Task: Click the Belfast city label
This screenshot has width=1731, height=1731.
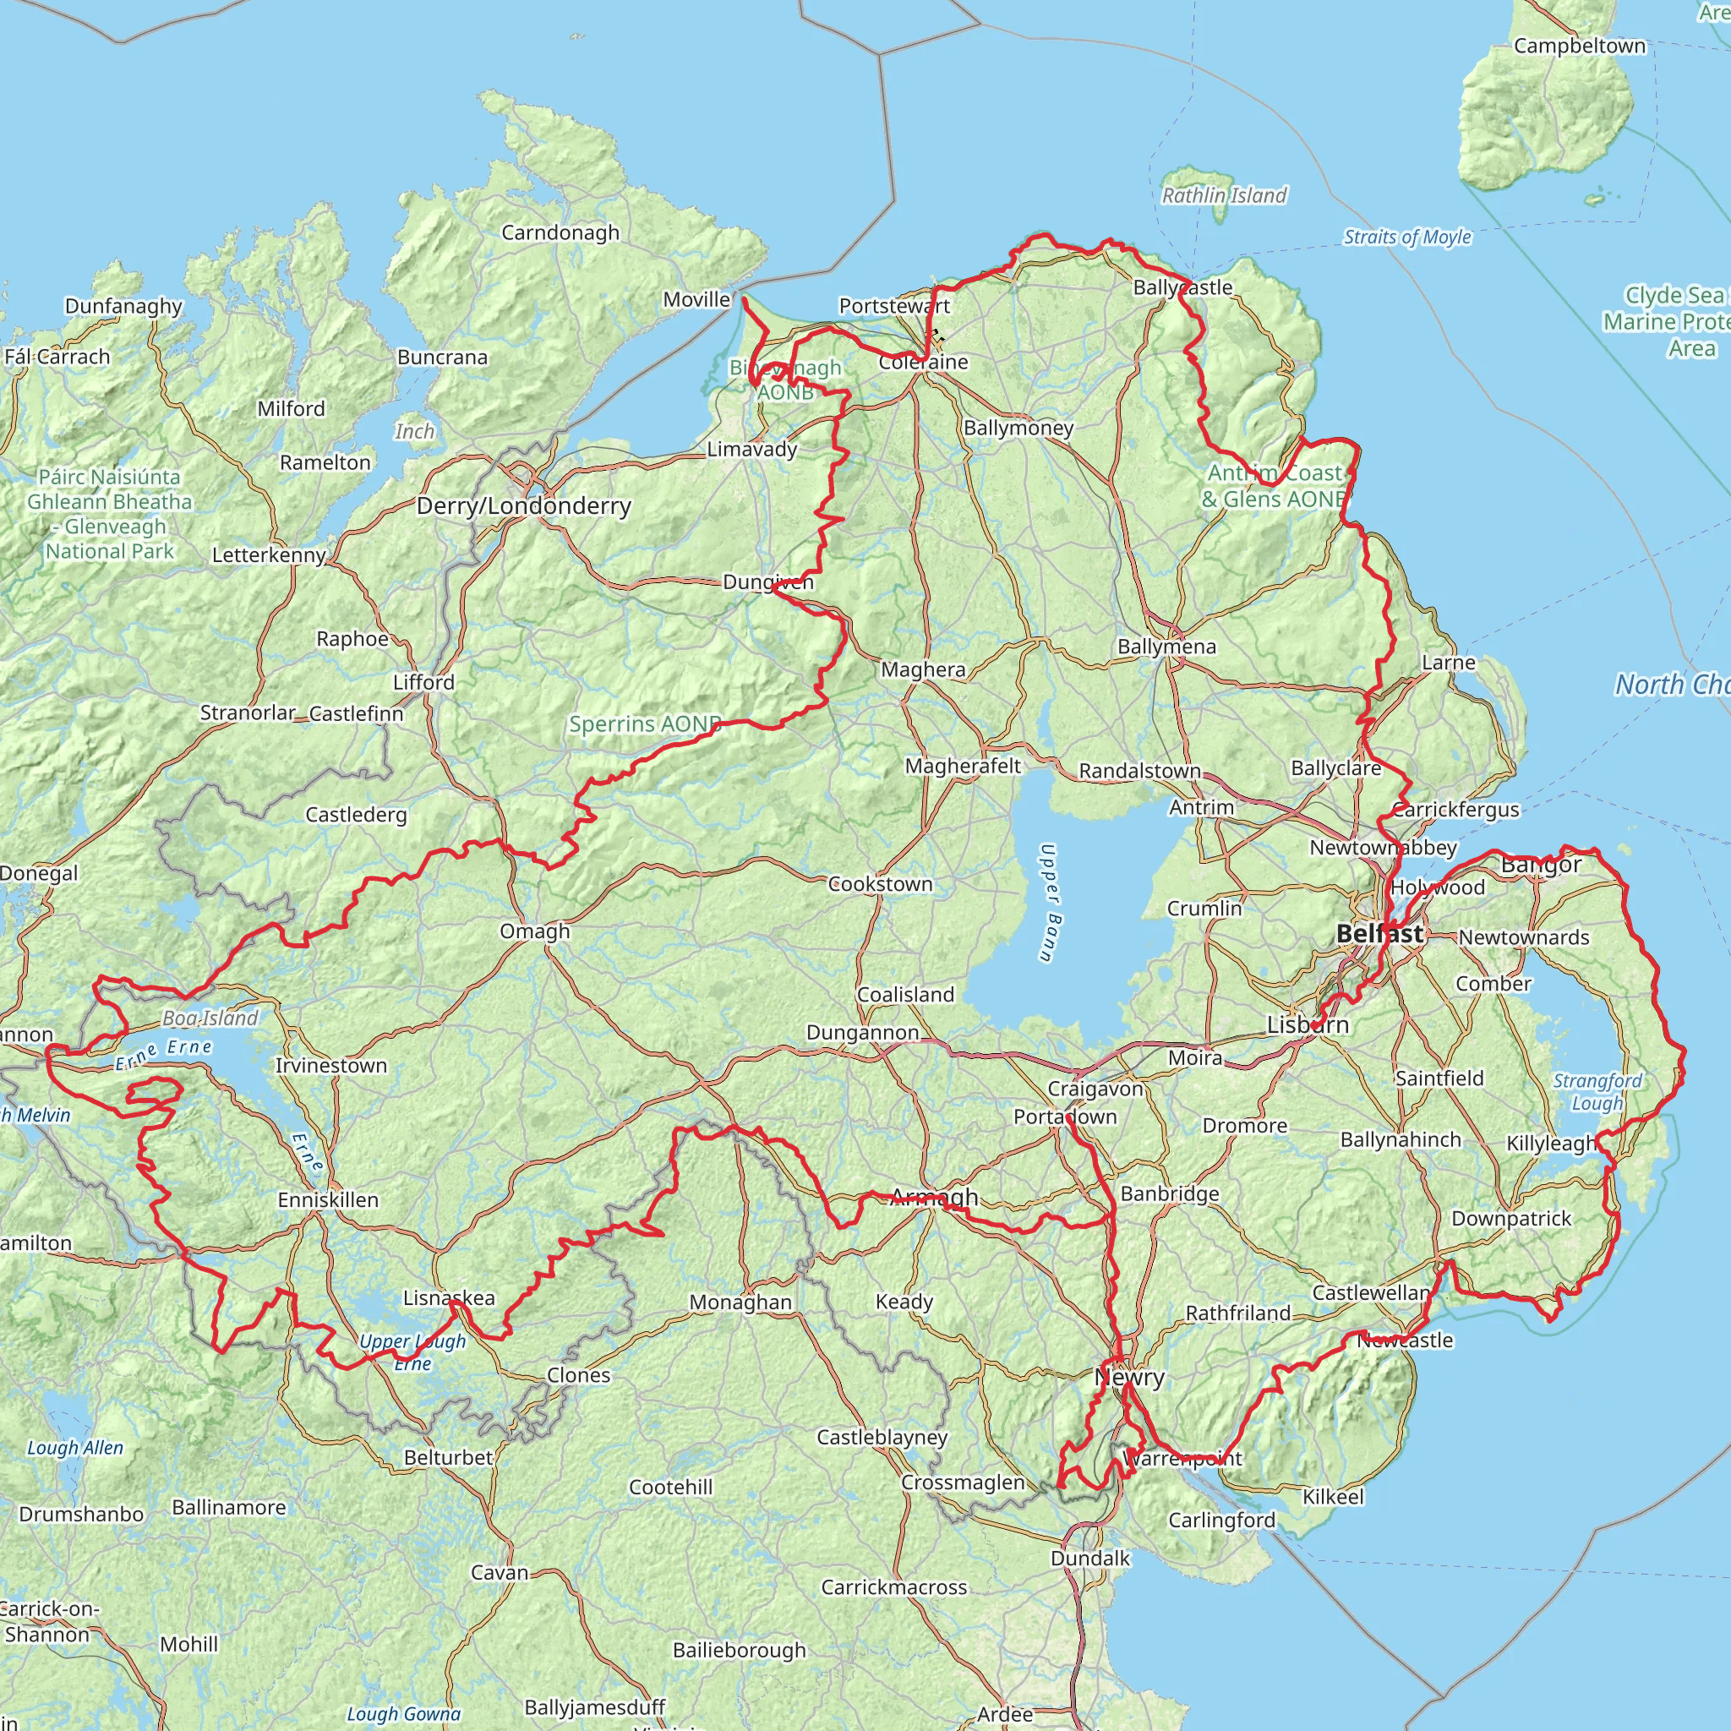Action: [1379, 934]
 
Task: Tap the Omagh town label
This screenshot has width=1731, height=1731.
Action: [535, 931]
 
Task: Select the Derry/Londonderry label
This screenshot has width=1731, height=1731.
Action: [524, 506]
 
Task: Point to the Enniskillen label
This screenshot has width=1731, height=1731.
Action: [328, 1199]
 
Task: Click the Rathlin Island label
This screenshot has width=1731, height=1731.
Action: [1224, 195]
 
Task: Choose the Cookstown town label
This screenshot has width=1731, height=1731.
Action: [880, 884]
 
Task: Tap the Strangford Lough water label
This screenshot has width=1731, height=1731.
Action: [1597, 1091]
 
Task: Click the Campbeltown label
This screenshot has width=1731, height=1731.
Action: [1580, 46]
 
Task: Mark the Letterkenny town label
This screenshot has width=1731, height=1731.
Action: [269, 554]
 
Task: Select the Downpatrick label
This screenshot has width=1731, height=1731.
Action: [1511, 1219]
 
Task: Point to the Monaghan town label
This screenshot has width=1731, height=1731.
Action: [740, 1302]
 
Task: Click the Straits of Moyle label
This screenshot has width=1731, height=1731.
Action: [1406, 238]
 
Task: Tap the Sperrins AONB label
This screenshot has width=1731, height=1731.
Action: [645, 724]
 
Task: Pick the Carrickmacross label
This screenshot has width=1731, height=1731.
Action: [894, 1587]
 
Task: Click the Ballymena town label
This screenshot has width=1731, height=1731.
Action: [1166, 647]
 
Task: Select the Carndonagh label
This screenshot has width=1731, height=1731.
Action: [560, 233]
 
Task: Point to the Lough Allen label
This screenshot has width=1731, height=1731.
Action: [75, 1448]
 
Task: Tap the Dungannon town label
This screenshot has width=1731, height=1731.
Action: [862, 1033]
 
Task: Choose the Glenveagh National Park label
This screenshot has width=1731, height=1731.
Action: [109, 514]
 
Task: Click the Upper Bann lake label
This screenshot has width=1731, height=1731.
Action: [1050, 902]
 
